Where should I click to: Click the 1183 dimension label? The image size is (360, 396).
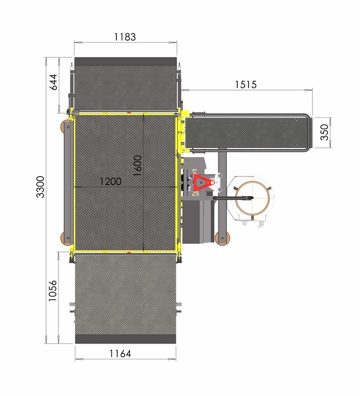125,37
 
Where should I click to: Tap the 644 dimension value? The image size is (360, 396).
53,82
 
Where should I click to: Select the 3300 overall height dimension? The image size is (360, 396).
41,187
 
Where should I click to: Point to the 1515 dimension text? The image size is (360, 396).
246,85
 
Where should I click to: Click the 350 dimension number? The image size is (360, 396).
324,132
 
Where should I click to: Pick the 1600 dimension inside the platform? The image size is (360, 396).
138,166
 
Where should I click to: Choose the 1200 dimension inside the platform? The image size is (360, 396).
110,181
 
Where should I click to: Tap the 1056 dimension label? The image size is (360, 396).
53,291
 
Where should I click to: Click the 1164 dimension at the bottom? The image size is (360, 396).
120,353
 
